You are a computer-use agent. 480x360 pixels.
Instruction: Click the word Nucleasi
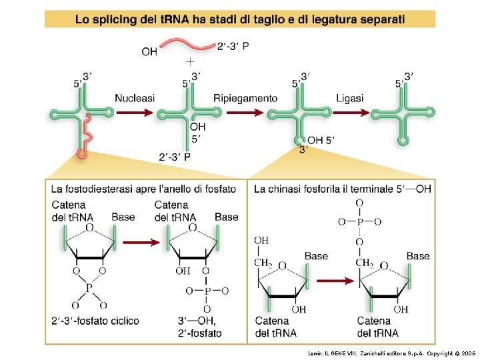[135, 98]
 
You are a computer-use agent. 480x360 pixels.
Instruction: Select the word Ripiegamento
[245, 98]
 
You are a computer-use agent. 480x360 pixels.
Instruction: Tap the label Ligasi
[350, 98]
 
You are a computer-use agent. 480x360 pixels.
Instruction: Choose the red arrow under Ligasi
[349, 113]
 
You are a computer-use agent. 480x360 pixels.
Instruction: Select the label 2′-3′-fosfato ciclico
[95, 321]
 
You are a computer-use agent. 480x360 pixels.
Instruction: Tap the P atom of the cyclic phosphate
[89, 288]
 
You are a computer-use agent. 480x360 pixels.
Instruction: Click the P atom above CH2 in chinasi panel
[360, 221]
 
